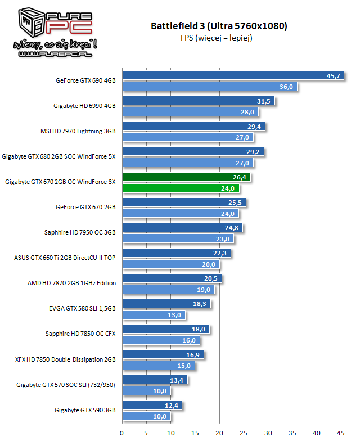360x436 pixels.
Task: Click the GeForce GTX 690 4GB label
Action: click(x=85, y=80)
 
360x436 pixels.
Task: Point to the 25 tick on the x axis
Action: click(x=244, y=433)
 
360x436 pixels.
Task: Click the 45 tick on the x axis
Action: click(x=341, y=433)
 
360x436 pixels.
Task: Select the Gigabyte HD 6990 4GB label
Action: click(x=84, y=106)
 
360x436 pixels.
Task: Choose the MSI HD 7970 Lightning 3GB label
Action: click(x=78, y=131)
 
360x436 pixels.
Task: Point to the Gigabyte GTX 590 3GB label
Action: click(x=85, y=410)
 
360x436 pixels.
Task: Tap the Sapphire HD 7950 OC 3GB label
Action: click(x=80, y=232)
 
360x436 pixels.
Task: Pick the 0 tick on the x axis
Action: click(x=122, y=433)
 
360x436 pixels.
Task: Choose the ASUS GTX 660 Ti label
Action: click(x=65, y=258)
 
